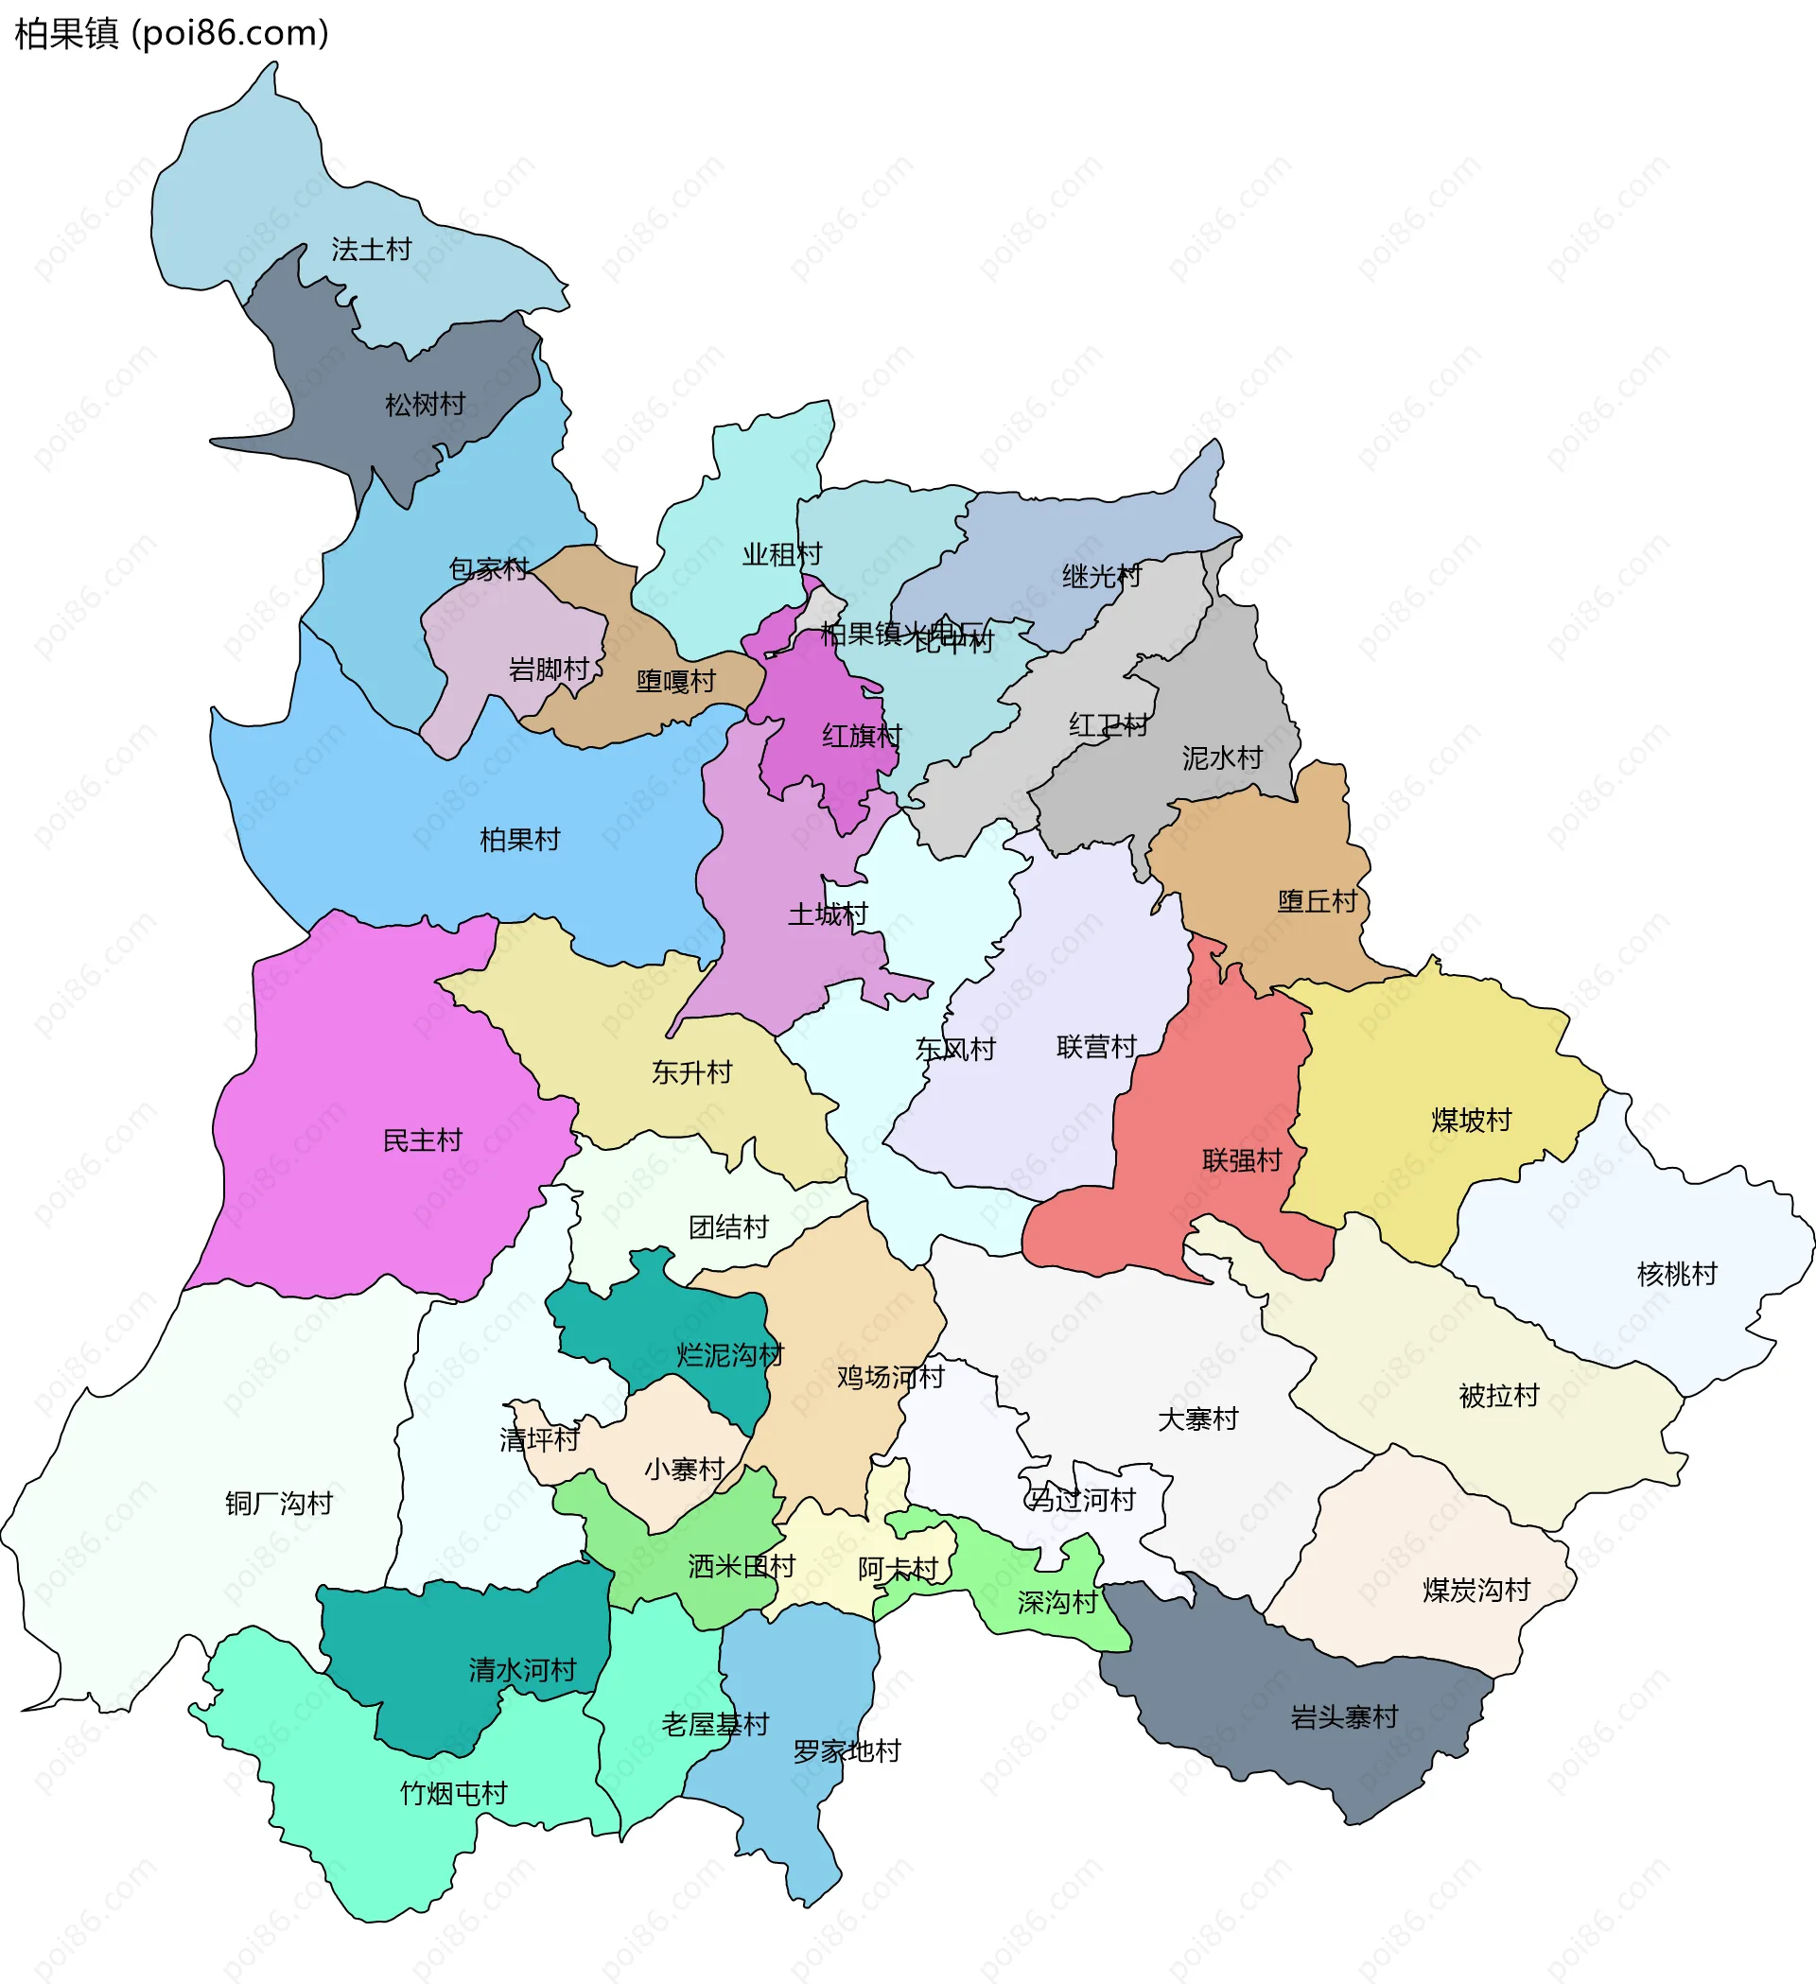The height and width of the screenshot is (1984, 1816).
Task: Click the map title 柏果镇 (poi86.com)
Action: (x=171, y=33)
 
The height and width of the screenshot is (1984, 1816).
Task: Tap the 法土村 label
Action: (x=371, y=250)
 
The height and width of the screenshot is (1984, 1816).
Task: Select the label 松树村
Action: (x=426, y=405)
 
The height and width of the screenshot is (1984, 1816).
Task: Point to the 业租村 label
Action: (x=781, y=555)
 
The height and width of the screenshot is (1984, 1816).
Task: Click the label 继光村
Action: (x=1101, y=577)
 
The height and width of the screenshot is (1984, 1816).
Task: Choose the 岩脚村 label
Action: (x=549, y=670)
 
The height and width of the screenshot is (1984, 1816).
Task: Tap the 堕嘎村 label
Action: (x=675, y=682)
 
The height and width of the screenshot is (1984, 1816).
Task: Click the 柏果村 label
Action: (x=519, y=840)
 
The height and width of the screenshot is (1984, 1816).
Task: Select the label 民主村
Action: (x=422, y=1140)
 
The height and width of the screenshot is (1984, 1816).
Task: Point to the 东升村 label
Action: (x=692, y=1072)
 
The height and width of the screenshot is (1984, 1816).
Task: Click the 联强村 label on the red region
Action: (x=1241, y=1161)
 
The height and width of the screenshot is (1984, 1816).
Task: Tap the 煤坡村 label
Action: (x=1471, y=1121)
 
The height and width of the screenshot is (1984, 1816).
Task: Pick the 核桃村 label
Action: (x=1676, y=1275)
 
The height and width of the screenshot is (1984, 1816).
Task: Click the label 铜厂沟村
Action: (x=279, y=1504)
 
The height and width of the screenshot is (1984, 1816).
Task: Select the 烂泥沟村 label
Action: (x=729, y=1356)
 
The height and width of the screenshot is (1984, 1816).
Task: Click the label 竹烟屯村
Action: (x=453, y=1794)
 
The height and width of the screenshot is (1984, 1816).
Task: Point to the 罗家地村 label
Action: (x=847, y=1751)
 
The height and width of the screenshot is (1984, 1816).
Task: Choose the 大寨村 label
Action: (x=1196, y=1420)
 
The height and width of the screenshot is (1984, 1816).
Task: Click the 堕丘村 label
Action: (x=1317, y=901)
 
